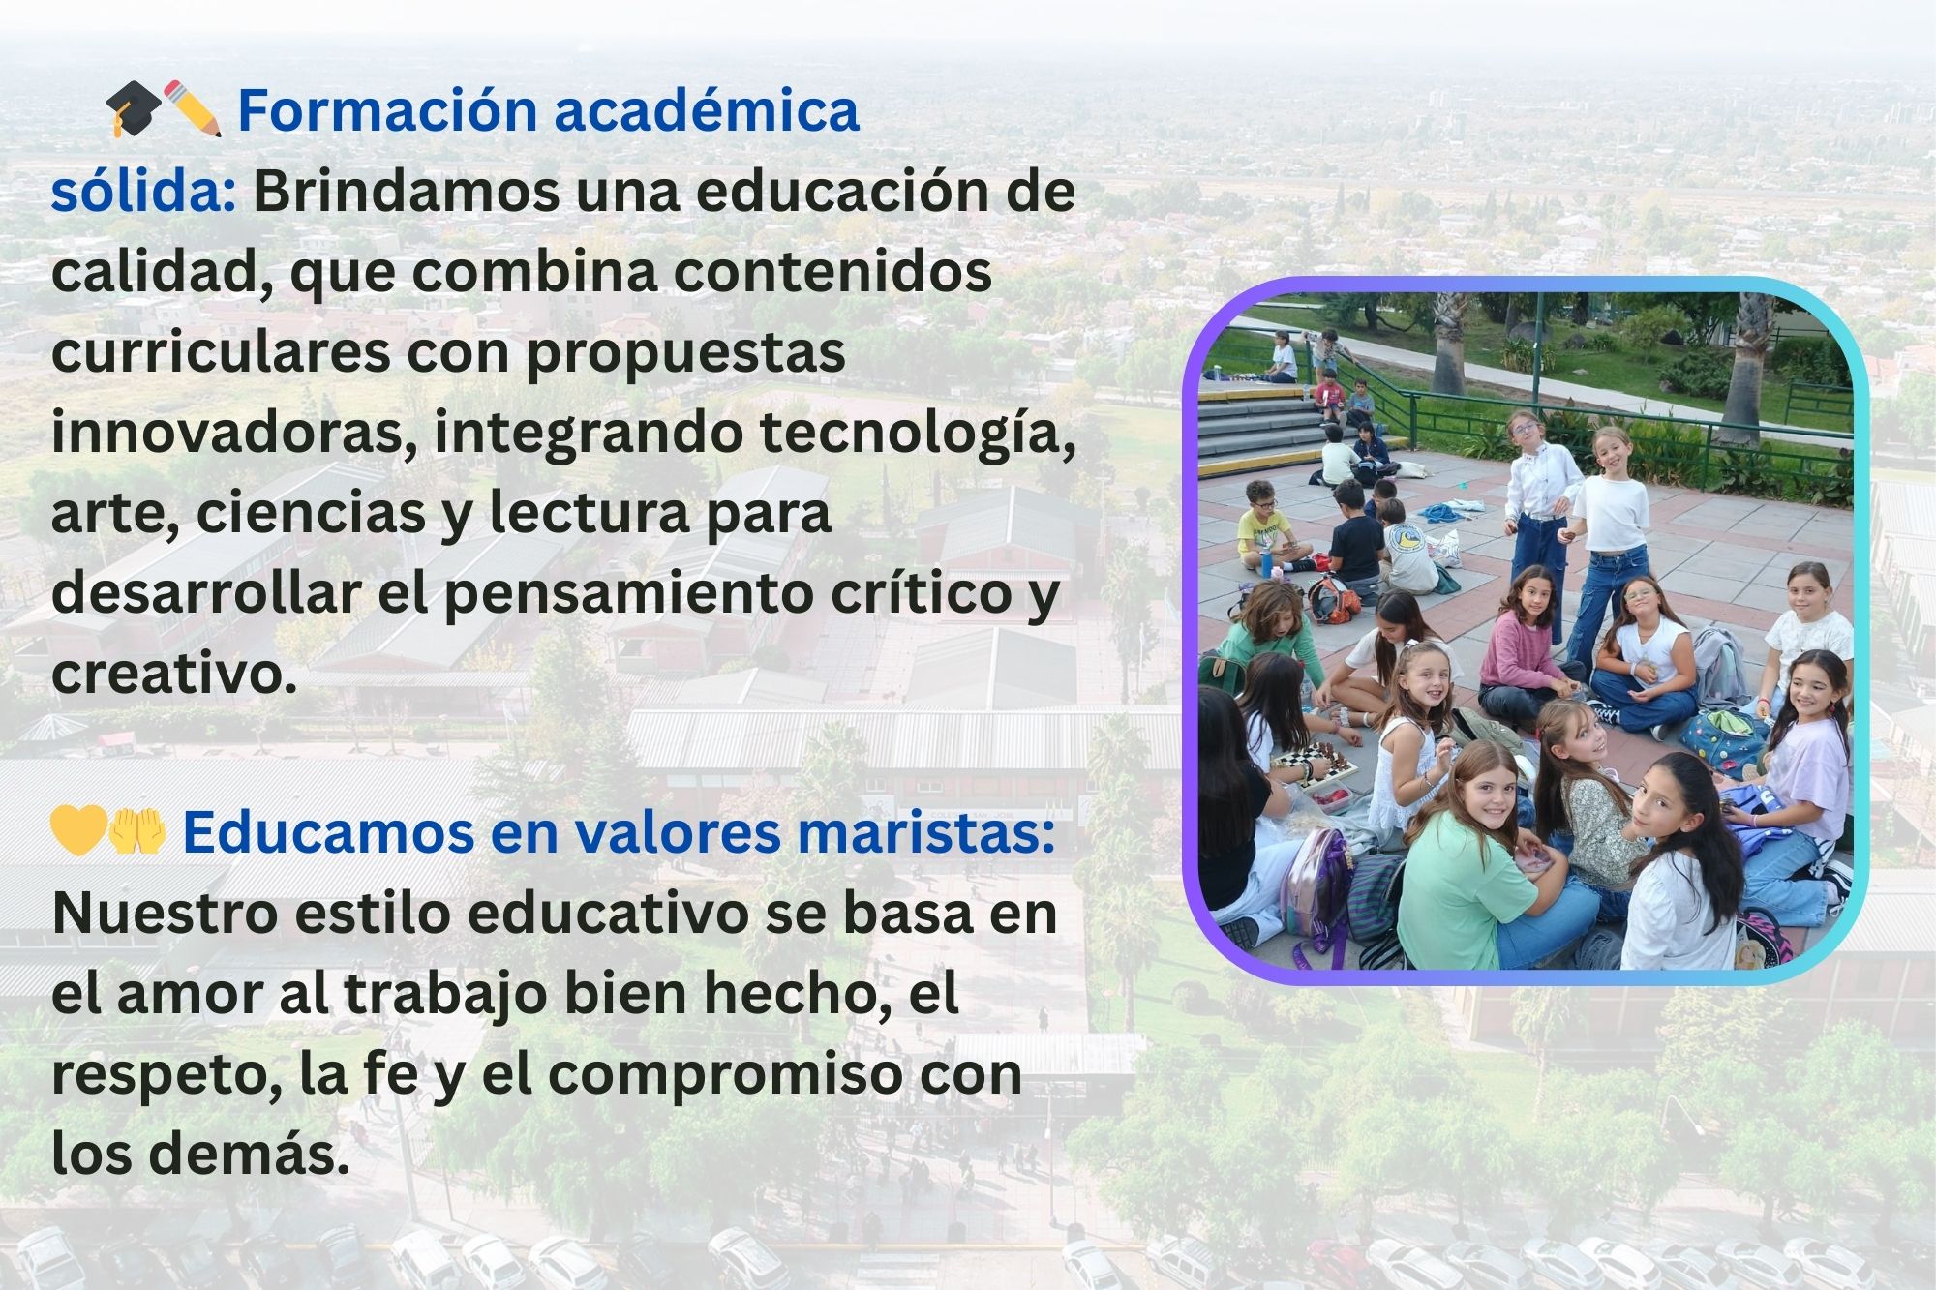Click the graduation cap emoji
click(x=135, y=108)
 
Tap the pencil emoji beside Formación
click(x=193, y=108)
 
